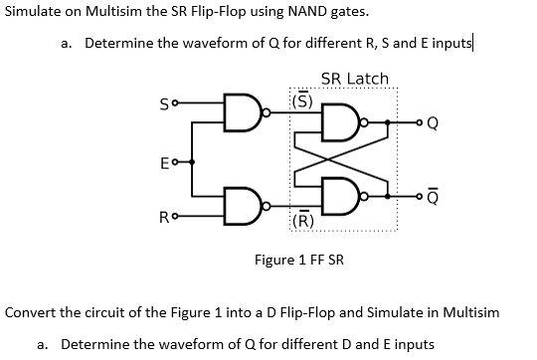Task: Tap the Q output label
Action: click(x=432, y=124)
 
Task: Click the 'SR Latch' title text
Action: click(x=355, y=78)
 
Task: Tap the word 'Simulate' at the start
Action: click(x=34, y=12)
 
